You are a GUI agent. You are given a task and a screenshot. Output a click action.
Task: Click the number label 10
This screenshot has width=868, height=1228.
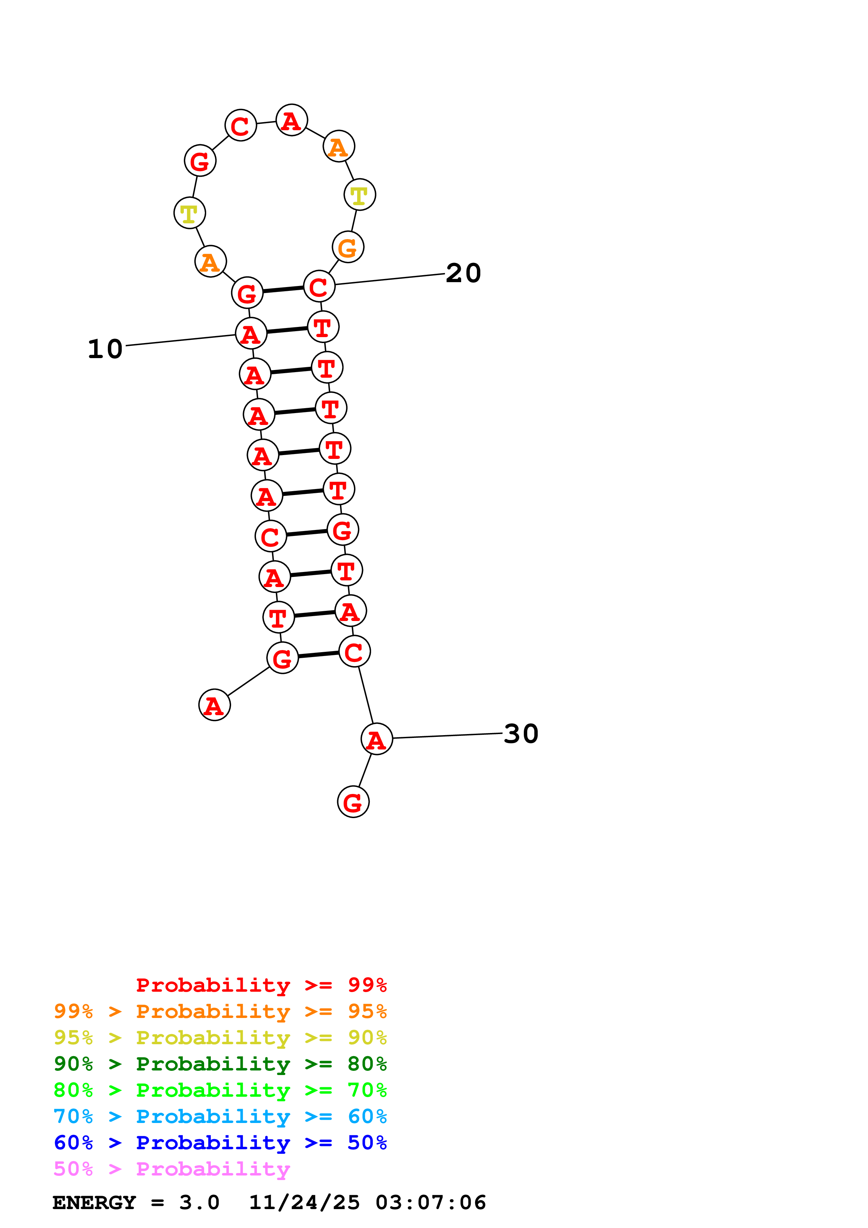[x=105, y=349]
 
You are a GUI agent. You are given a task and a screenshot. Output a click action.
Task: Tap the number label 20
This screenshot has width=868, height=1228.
[x=463, y=273]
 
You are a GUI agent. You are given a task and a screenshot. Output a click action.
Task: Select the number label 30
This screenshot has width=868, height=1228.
[x=521, y=734]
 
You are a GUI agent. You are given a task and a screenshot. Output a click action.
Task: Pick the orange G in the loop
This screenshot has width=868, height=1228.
[x=348, y=247]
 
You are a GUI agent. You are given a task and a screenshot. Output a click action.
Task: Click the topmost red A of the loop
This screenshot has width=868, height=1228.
[x=291, y=120]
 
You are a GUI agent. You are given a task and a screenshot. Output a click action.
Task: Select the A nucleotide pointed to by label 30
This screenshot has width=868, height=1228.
[x=376, y=740]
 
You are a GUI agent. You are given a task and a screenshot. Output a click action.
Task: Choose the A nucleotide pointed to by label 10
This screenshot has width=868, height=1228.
[x=251, y=334]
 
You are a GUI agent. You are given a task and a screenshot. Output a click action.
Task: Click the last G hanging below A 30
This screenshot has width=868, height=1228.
[x=353, y=802]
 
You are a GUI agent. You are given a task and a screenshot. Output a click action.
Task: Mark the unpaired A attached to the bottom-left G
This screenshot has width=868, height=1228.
[x=214, y=705]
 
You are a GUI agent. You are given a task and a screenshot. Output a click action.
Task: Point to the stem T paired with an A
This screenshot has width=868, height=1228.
[x=278, y=618]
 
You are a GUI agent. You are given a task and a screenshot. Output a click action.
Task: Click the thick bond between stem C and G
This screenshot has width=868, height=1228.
[x=306, y=533]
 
